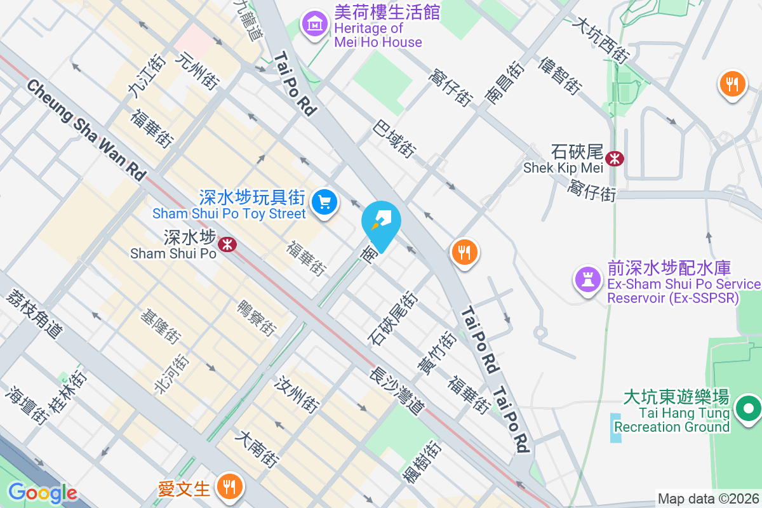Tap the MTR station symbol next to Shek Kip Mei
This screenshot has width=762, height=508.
click(614, 158)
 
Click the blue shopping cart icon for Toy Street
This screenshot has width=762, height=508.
click(324, 203)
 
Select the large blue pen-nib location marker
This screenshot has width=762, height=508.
click(381, 223)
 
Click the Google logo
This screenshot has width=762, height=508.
click(42, 493)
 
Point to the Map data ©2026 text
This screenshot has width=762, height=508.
click(708, 499)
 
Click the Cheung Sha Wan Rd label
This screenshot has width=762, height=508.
click(86, 130)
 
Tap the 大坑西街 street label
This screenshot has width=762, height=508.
click(600, 39)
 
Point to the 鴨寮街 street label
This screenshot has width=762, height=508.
click(257, 318)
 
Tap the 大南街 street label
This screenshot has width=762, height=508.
click(257, 450)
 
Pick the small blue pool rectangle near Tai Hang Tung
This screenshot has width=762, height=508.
click(617, 427)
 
